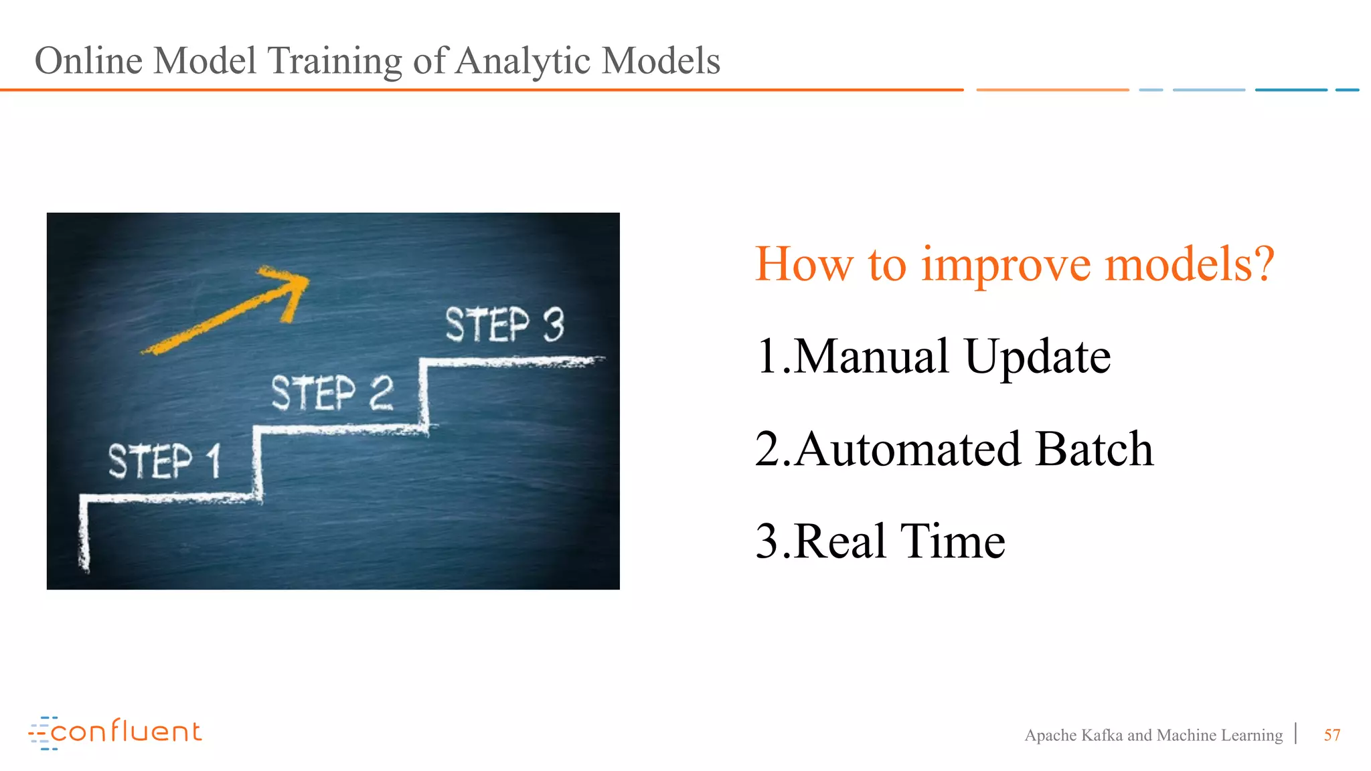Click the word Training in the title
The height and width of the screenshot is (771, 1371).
coord(334,62)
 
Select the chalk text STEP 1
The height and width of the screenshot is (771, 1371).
coord(164,461)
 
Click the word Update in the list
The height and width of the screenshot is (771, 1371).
coord(1038,357)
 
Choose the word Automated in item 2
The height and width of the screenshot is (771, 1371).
coord(908,449)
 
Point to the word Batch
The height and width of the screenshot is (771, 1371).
coord(1094,449)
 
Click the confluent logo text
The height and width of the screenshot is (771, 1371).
coord(126,732)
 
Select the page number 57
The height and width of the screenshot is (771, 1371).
coord(1332,736)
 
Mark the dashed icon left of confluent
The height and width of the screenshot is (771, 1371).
coord(41,734)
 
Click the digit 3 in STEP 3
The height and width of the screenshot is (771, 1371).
coord(554,325)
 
